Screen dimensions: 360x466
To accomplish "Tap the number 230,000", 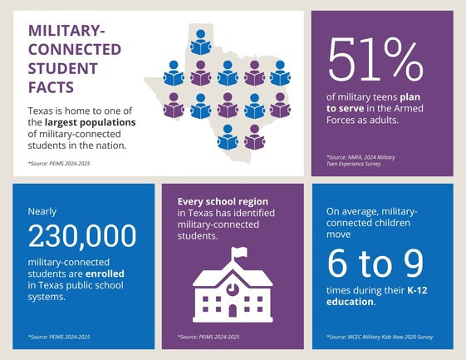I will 81,237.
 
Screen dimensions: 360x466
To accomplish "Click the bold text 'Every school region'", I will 218,202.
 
